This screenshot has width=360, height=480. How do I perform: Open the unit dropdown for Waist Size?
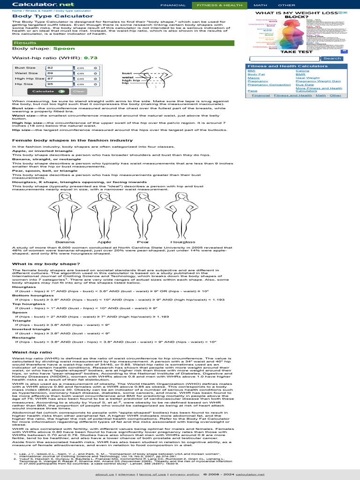pyautogui.click(x=87, y=73)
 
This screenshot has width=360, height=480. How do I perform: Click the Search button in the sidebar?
pyautogui.click(x=332, y=59)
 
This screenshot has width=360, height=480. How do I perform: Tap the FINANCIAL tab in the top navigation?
pyautogui.click(x=173, y=5)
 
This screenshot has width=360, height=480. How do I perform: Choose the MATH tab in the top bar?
pyautogui.click(x=260, y=5)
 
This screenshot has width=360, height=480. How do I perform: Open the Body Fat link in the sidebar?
pyautogui.click(x=256, y=74)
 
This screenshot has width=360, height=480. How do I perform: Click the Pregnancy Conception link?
pyautogui.click(x=269, y=85)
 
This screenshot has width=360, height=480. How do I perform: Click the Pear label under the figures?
pyautogui.click(x=143, y=242)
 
